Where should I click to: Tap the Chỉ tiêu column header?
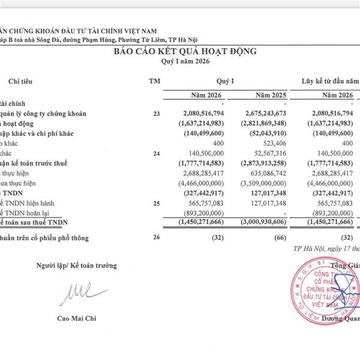click(22, 80)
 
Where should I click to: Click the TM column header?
click(154, 80)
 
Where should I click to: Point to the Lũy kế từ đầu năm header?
click(330, 80)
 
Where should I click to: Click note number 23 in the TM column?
click(157, 112)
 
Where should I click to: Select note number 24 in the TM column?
click(157, 154)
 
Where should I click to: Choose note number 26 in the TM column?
click(157, 238)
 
